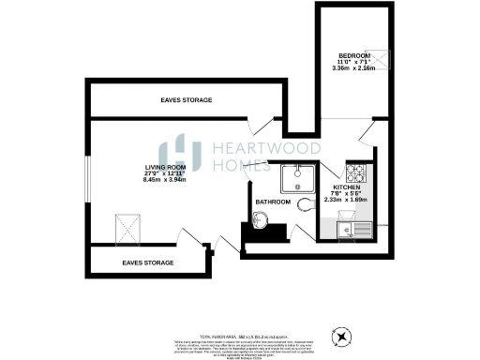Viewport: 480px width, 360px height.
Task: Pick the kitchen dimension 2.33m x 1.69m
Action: click(346, 199)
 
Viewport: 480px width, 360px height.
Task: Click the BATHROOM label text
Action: click(274, 202)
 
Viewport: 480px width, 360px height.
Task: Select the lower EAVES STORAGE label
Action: click(148, 262)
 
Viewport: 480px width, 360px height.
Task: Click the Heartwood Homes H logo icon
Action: click(178, 155)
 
